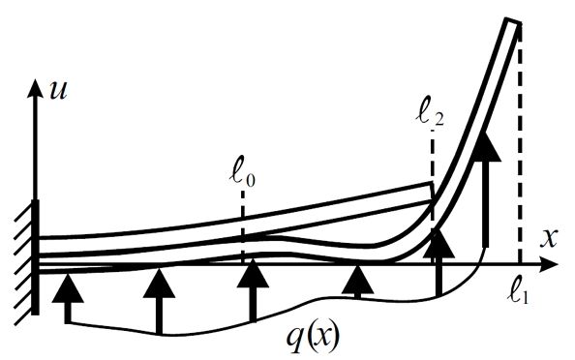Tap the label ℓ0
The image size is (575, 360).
coord(242,175)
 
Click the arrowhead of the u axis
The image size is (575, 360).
coord(36,88)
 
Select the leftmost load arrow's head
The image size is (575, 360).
coord(68,288)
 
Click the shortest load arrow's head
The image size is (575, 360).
coord(357,281)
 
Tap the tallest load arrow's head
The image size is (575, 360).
coord(486,146)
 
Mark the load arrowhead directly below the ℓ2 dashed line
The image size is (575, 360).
coord(439,243)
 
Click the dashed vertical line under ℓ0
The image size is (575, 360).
coord(242,227)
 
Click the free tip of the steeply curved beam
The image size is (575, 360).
coord(513,21)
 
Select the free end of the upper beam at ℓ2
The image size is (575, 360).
coord(432,192)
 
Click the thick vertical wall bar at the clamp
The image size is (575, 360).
coord(35,257)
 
